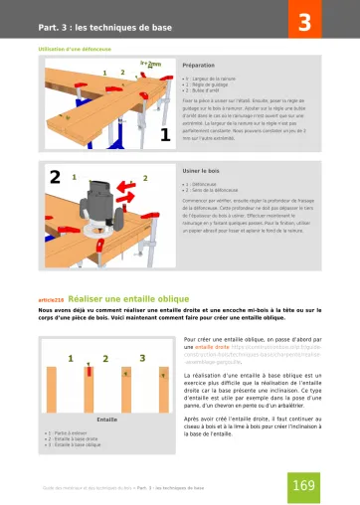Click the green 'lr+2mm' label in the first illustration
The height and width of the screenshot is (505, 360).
coord(150,64)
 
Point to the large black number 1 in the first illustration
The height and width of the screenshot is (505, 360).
coord(166,135)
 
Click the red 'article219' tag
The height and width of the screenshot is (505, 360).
coord(52,297)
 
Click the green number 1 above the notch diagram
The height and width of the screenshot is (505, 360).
coord(77,357)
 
